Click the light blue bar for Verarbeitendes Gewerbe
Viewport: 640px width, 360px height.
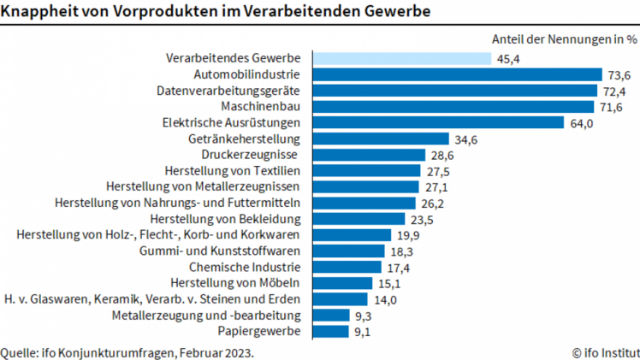pos(402,58)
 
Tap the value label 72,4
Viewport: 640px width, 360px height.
pos(614,91)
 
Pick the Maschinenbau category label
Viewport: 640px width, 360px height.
pos(260,106)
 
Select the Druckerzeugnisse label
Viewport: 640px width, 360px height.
pos(249,155)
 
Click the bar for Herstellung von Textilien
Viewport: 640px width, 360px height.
pos(367,171)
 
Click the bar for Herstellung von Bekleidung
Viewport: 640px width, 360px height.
pos(360,219)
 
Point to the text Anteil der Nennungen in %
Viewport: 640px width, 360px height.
pos(565,38)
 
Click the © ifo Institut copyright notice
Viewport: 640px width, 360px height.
pos(605,351)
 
